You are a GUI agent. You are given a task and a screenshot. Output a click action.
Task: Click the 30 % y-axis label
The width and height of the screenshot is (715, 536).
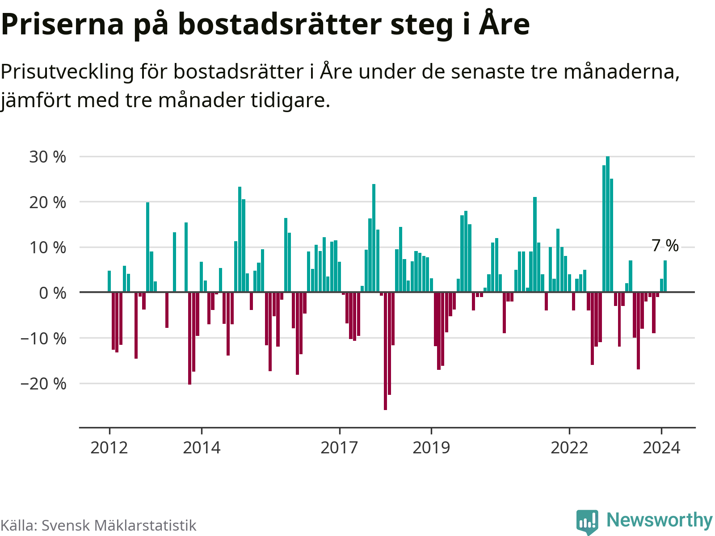(x=47, y=157)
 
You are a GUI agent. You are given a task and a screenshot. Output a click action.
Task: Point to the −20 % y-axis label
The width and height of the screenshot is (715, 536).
(x=43, y=384)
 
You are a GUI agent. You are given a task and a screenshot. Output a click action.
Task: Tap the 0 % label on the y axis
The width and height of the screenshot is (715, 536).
(x=52, y=293)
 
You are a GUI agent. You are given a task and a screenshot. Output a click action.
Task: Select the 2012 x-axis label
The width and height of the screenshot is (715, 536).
(x=109, y=447)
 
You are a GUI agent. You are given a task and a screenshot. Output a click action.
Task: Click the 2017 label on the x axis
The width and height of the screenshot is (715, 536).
(x=339, y=447)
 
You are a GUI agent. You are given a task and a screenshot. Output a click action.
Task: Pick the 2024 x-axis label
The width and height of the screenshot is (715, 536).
(x=661, y=447)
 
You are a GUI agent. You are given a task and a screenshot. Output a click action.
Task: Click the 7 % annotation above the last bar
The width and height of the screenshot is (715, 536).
(x=665, y=245)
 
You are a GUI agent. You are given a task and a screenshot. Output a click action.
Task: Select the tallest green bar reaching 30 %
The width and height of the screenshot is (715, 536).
(x=608, y=223)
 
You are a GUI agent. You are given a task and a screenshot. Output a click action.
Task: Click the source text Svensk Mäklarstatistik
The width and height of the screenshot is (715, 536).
(x=119, y=525)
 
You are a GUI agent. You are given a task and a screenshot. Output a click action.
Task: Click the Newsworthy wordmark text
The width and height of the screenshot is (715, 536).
(x=659, y=520)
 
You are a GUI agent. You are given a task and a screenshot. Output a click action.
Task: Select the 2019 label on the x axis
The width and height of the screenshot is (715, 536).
(x=431, y=447)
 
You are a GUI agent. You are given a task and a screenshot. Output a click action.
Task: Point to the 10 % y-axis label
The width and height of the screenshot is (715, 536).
(x=47, y=248)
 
